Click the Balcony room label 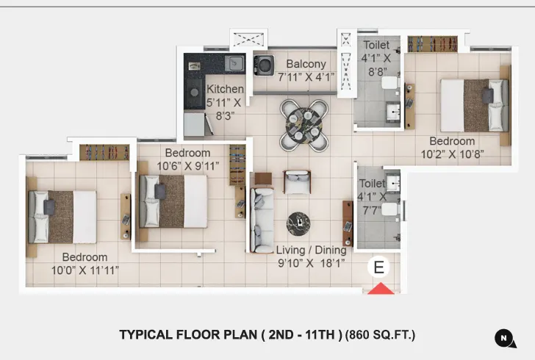pos(306,63)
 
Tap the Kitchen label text pos(225,89)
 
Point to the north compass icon pos(504,337)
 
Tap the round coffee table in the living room pos(298,221)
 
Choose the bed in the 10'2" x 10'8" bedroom pos(474,104)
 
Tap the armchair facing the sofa pos(297,181)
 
